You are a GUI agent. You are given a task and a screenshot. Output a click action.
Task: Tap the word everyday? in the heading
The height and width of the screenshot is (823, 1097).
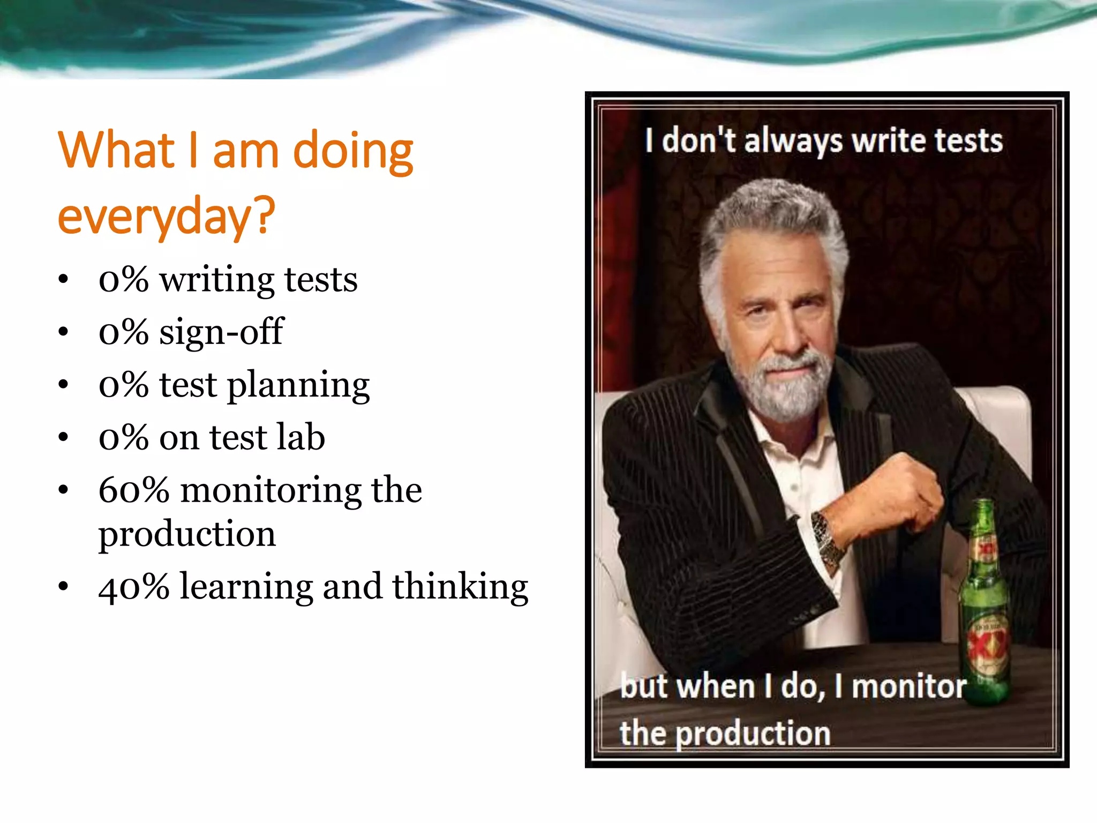(166, 215)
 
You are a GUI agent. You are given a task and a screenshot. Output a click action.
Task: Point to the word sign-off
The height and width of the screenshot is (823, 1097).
(221, 332)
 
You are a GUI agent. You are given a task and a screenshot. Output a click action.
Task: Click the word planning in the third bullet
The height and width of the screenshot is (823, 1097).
(298, 386)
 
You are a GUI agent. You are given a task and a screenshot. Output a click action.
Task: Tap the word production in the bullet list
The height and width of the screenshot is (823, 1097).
(187, 535)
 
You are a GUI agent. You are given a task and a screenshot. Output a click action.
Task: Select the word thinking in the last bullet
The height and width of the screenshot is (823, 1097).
(460, 586)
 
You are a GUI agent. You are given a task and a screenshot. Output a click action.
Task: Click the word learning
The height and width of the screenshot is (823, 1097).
(246, 587)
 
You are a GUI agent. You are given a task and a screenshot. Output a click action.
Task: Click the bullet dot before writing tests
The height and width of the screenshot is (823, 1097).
(63, 279)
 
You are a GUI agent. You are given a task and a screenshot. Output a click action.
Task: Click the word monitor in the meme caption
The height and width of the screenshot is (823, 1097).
(908, 686)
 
